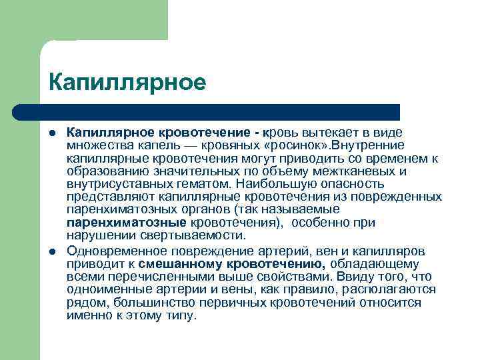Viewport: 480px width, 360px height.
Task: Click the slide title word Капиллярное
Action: [x=127, y=83]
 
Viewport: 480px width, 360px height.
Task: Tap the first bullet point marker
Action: [x=53, y=134]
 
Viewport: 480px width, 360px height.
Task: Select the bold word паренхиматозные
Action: [x=127, y=223]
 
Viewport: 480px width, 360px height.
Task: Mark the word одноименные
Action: [x=105, y=289]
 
